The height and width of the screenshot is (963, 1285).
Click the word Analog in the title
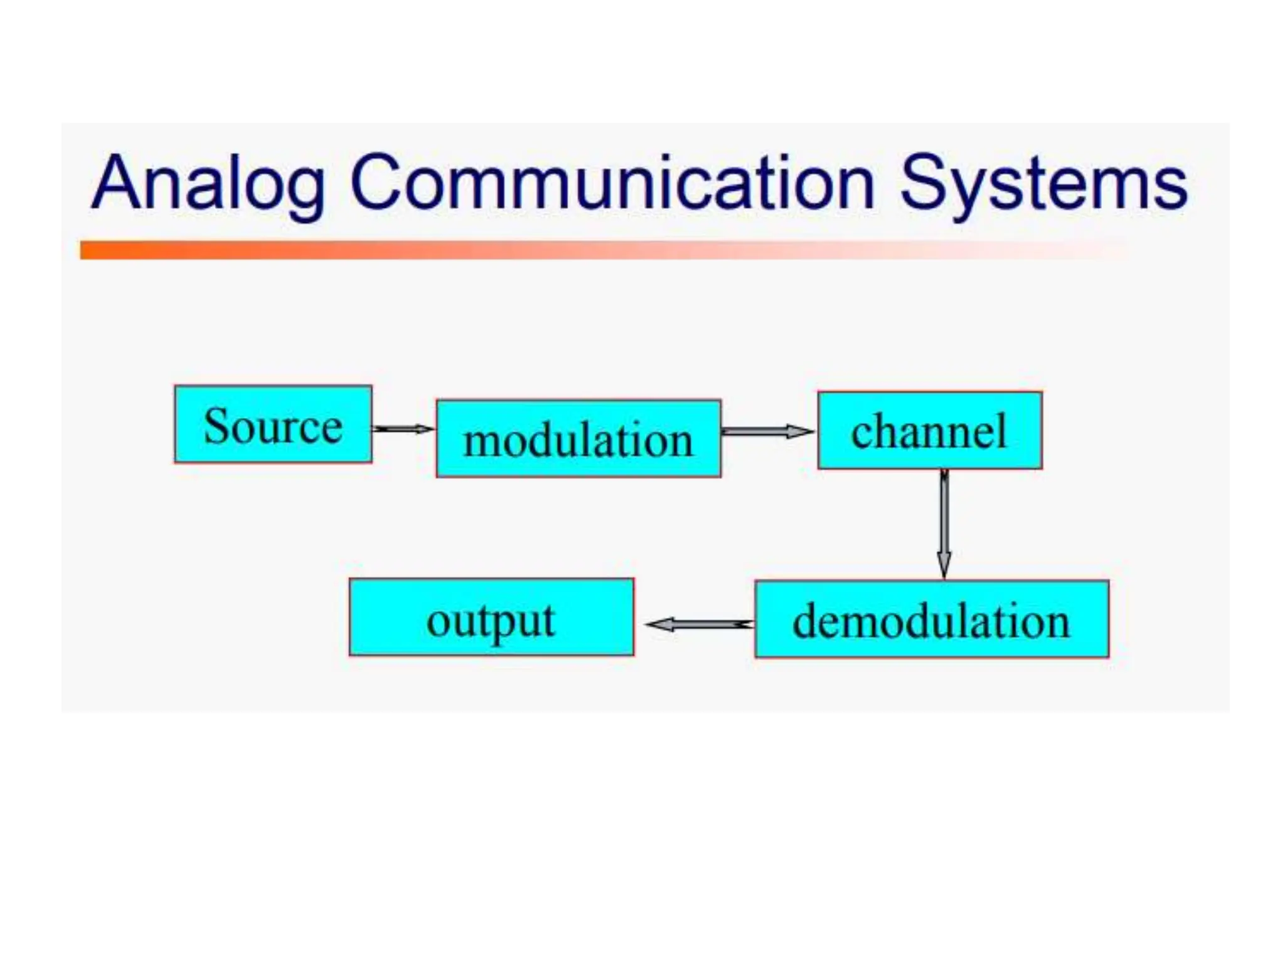[208, 183]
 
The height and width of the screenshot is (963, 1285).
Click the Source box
[273, 424]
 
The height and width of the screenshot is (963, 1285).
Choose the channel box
[929, 431]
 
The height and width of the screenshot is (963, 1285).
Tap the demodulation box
[931, 619]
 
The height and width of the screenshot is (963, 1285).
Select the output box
[491, 618]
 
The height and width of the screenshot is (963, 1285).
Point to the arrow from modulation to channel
[767, 431]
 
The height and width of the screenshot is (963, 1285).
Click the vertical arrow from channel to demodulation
[944, 520]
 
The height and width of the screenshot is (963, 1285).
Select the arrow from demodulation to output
[700, 624]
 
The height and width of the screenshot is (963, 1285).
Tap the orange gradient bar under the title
[565, 250]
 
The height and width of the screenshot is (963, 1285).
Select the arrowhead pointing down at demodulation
[944, 564]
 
